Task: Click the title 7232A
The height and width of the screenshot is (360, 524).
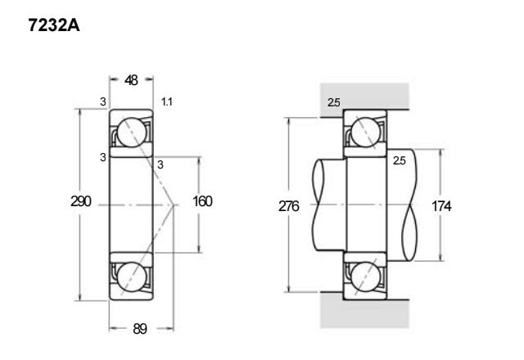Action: [54, 25]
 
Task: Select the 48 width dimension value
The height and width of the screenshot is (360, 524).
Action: [131, 80]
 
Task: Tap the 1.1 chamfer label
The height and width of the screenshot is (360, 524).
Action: [167, 101]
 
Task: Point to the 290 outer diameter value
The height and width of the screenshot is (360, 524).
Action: [81, 201]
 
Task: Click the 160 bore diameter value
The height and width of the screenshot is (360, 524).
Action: [202, 201]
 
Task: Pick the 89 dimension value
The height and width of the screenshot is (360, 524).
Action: [140, 329]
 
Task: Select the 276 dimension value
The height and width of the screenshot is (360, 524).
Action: [289, 206]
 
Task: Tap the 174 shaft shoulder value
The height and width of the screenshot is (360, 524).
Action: [441, 206]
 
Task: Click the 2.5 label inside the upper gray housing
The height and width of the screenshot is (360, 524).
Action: [334, 102]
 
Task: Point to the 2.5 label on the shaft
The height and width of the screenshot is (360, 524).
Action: [400, 160]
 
